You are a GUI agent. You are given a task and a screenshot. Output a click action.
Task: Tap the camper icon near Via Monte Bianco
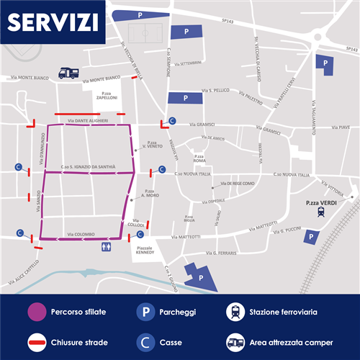68,73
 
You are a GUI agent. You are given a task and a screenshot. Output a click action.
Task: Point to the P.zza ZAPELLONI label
110,96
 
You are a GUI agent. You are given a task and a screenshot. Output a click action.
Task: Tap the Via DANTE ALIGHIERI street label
87,121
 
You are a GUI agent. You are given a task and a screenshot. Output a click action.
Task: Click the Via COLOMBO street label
81,234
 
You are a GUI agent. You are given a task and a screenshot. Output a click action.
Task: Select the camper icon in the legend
235,342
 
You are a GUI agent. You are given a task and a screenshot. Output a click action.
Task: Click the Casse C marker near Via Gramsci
171,121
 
